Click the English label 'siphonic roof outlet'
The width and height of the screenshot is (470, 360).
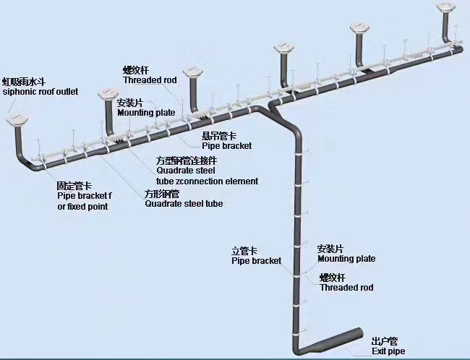pos(50,93)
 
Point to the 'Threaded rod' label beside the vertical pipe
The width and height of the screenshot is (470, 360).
pos(346,287)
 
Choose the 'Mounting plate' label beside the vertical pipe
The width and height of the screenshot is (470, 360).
pos(346,258)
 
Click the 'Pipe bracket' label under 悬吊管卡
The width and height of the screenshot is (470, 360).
pos(226,146)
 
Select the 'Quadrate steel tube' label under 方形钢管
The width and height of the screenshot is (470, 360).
pos(184,204)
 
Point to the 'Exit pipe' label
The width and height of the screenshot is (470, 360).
pos(388,351)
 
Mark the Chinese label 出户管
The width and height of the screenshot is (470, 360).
pos(384,341)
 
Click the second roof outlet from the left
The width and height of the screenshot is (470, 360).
pos(108,94)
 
